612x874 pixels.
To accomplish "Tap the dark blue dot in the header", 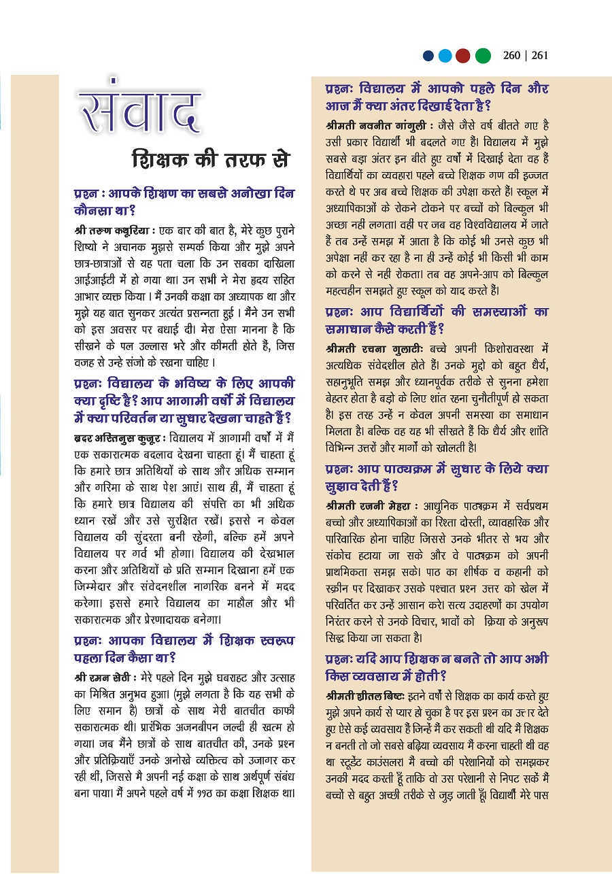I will click(428, 56).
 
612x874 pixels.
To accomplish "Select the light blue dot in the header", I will click(445, 56).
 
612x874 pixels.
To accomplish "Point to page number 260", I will click(515, 56).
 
